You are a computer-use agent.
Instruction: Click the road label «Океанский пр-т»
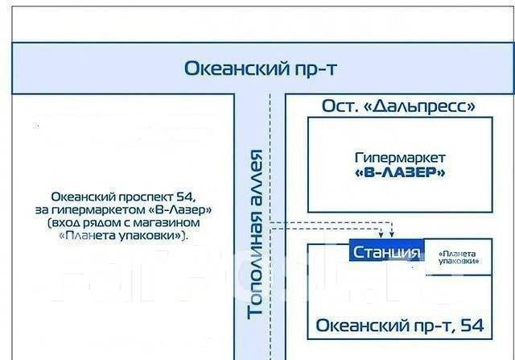tap(260, 68)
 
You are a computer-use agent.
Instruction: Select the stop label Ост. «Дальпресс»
tap(398, 106)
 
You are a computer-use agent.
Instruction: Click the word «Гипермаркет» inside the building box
tap(400, 158)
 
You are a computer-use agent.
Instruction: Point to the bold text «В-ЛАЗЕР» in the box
tap(400, 172)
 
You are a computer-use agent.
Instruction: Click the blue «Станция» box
tap(386, 253)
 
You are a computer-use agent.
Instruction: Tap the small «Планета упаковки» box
tap(459, 257)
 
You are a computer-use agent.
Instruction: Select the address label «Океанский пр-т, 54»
tap(400, 325)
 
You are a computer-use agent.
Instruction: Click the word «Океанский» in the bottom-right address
tap(356, 325)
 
